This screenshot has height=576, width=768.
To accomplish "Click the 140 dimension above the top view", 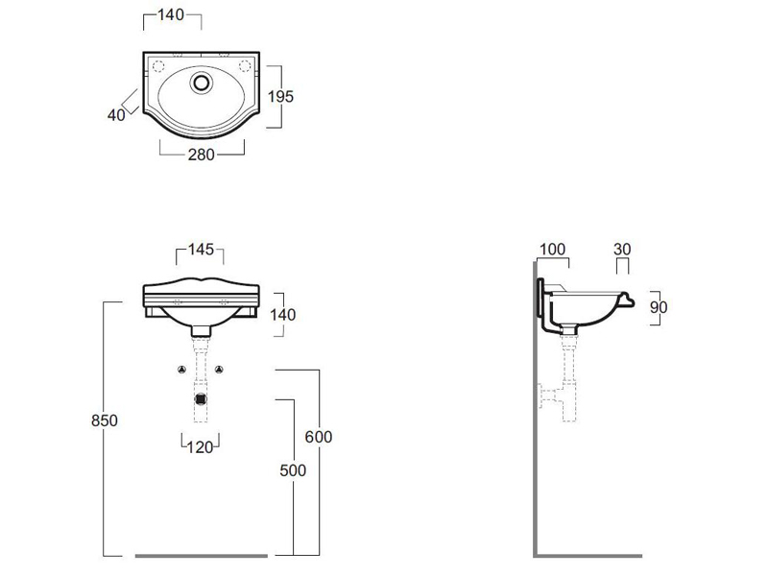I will click(172, 15).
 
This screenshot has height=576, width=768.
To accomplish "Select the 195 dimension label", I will click(280, 96).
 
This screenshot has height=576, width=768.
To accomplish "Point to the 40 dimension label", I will click(117, 114).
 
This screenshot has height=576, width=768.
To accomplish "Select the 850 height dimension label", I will click(105, 420).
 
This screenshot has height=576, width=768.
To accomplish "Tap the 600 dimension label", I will click(319, 436).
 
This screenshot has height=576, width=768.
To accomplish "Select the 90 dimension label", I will click(658, 307).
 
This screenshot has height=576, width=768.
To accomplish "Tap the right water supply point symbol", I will click(221, 370).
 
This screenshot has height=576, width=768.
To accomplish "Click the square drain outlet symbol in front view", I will click(201, 398).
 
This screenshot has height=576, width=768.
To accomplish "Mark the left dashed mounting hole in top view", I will click(159, 66).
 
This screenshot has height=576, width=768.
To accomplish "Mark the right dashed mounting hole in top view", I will click(244, 66).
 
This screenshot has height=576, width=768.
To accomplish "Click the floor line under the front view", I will click(202, 555).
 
